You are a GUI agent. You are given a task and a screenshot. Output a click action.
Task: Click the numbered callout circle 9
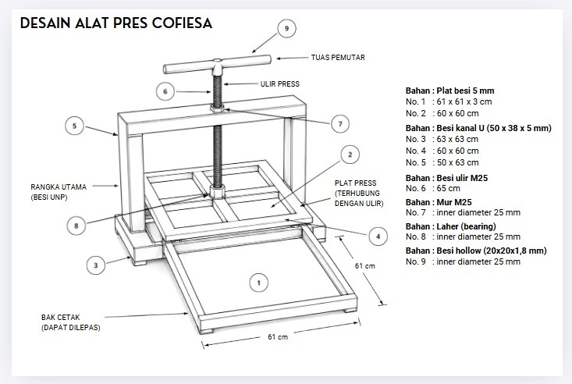(286, 28)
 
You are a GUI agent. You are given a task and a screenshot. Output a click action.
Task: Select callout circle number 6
(165, 91)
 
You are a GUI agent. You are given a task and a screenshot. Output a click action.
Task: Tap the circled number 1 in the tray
(258, 283)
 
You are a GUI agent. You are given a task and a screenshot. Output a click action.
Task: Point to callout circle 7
(340, 124)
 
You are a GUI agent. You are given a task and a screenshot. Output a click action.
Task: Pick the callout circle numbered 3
(95, 265)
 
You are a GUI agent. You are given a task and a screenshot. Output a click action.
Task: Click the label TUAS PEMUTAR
(338, 58)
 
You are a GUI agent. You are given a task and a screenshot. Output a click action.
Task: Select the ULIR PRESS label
(280, 84)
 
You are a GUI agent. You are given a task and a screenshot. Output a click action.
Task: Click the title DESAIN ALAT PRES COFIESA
(116, 23)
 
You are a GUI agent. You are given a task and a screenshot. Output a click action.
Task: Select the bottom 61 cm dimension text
(278, 337)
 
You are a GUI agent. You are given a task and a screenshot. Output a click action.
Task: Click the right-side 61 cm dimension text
(364, 265)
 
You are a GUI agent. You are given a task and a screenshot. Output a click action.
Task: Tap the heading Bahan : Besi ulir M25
(446, 178)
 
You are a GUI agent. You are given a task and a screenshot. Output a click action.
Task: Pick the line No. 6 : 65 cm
(432, 188)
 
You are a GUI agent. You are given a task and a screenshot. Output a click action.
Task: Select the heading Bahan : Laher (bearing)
(450, 226)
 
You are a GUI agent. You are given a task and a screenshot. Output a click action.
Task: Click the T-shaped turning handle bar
(217, 64)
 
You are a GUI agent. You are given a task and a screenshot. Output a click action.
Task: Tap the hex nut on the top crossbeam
(217, 108)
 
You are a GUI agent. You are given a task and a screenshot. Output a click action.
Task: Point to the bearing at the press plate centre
(218, 192)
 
